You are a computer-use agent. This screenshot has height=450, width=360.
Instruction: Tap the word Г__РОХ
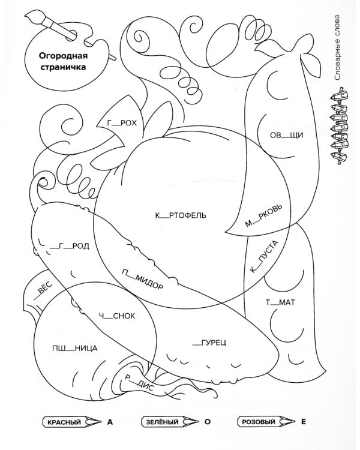[122, 123]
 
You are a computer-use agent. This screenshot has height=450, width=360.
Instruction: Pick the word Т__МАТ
[277, 302]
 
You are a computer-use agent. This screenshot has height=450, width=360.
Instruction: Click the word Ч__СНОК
[118, 316]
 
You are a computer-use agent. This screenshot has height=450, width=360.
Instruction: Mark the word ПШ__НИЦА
[74, 348]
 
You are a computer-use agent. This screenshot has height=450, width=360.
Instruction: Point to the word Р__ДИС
[140, 383]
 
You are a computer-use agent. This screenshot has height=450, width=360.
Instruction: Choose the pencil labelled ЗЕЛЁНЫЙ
[169, 422]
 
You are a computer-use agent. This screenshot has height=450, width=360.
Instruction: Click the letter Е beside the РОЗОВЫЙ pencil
[304, 422]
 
